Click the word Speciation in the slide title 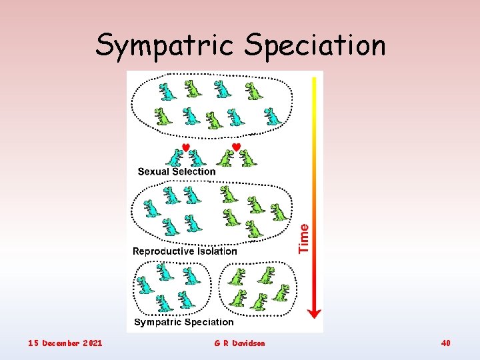[x=315, y=46]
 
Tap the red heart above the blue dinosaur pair [x=186, y=147]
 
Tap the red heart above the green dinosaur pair [x=235, y=147]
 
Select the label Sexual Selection [x=177, y=171]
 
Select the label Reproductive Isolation [x=185, y=251]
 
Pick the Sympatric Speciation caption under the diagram [x=184, y=322]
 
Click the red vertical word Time [x=304, y=238]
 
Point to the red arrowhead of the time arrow [x=315, y=311]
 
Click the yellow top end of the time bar [x=315, y=80]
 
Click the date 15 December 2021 [x=65, y=343]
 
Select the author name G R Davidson [x=239, y=343]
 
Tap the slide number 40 [x=445, y=343]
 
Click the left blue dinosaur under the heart [x=175, y=159]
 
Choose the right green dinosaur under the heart [x=248, y=159]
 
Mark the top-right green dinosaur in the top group [x=253, y=90]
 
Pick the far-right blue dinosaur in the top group [x=273, y=117]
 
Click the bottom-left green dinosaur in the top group [x=163, y=117]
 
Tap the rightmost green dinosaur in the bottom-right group [x=283, y=292]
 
